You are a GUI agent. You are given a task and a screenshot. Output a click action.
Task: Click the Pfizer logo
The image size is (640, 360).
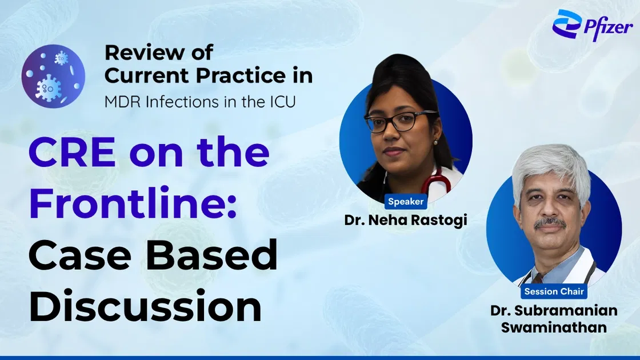click(593, 25)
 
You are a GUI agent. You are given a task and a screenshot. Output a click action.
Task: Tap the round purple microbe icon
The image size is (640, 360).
click(54, 77)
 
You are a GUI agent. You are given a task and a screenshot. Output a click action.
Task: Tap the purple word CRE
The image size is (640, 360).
click(72, 152)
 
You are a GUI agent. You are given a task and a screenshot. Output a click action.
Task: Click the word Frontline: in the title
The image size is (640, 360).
click(133, 203)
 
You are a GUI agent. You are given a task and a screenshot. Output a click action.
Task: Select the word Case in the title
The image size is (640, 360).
click(80, 255)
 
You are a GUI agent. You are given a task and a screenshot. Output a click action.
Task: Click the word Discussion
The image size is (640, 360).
click(145, 306)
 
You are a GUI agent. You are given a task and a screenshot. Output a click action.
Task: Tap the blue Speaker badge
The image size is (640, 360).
click(406, 201)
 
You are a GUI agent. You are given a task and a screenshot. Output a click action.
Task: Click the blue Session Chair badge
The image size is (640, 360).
click(554, 291)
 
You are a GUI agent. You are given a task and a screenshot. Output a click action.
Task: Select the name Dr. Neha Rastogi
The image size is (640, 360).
click(406, 220)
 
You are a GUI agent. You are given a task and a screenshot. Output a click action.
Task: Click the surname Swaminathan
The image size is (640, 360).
click(554, 327)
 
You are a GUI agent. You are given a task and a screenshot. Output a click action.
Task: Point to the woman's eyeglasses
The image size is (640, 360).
click(401, 121)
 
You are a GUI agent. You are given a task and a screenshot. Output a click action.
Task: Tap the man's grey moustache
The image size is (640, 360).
click(550, 223)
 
